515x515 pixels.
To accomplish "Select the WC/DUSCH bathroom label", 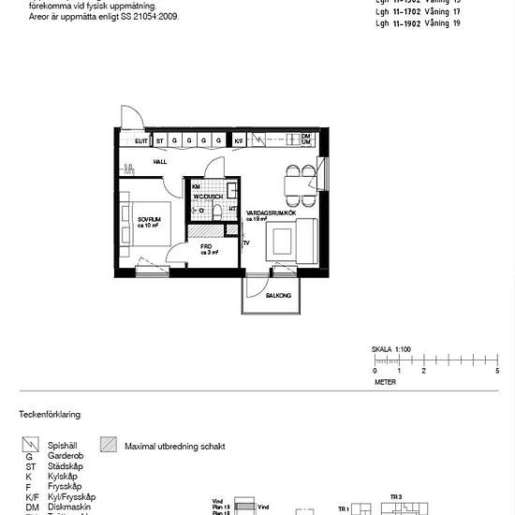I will tap(208, 197).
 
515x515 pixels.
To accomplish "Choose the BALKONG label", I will tap(278, 295).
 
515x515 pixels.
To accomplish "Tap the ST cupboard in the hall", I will tap(160, 140).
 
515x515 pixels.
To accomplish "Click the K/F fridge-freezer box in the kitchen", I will tap(239, 140).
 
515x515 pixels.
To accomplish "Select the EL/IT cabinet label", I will tap(141, 140).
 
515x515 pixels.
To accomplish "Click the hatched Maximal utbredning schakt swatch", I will tap(108, 447).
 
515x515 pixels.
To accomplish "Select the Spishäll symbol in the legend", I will tap(30, 447).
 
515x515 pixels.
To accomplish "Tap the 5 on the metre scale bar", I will tap(497, 371).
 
